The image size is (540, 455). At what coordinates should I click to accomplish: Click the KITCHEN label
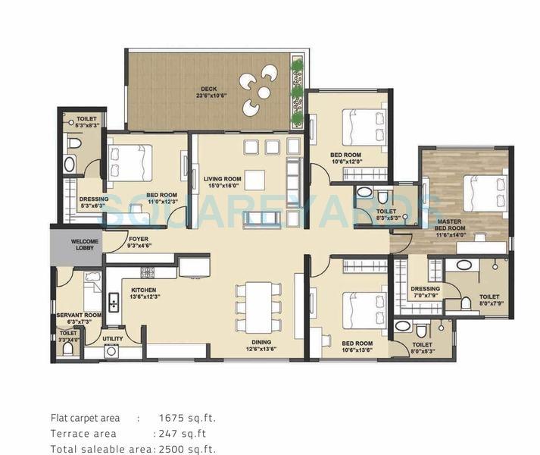point(143,290)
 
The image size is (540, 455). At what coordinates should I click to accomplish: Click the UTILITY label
point(113,339)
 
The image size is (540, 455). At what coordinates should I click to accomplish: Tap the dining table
point(254,306)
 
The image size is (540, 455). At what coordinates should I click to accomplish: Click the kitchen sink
point(113,303)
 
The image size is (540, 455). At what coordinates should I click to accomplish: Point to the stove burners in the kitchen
point(147,271)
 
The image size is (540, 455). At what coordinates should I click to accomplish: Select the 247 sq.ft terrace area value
point(181,434)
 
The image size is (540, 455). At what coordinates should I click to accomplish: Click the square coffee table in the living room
point(254,180)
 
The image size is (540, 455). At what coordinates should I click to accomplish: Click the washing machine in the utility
point(111,351)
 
